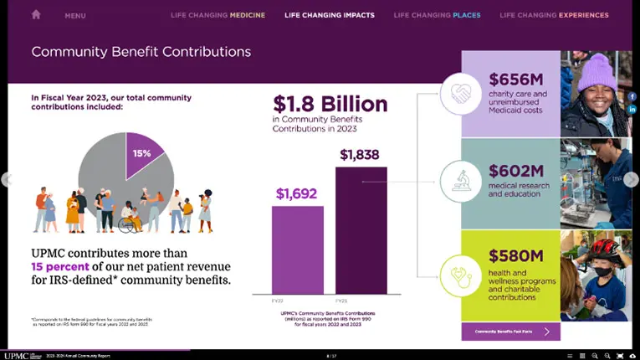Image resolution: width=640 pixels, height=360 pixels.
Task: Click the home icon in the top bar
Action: pos(36,14)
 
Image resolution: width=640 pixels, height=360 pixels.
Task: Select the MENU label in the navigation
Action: pos(75,15)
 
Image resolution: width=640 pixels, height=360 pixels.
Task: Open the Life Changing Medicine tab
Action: pos(218,15)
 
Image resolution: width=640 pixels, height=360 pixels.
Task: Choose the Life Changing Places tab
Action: pos(437,15)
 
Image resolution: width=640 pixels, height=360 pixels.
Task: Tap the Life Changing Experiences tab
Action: pos(554,15)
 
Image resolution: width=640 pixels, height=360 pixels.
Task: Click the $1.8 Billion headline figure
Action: pos(330,104)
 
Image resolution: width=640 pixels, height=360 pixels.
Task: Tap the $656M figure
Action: pos(516,80)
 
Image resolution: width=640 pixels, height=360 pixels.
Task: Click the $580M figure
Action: pos(516,255)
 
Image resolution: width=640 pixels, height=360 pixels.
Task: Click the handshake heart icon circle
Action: pos(461,93)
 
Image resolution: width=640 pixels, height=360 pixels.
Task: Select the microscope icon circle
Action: pos(461,180)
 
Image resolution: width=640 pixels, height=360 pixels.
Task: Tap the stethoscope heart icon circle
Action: pos(461,275)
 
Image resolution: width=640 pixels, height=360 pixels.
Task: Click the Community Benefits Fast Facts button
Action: pos(510,332)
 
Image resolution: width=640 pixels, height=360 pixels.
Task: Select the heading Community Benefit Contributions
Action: pos(141,52)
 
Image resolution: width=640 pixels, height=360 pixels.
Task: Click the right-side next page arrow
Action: pos(631,179)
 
